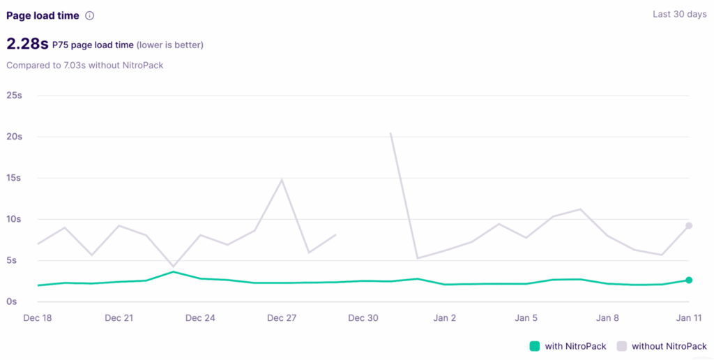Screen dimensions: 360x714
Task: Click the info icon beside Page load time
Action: [x=89, y=15]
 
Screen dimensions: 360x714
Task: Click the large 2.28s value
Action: [x=27, y=45]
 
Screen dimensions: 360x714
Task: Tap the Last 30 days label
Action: [x=680, y=15]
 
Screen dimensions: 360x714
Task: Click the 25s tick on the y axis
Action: [x=14, y=95]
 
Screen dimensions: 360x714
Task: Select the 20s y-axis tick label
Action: [x=14, y=136]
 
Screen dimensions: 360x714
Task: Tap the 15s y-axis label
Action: [x=14, y=178]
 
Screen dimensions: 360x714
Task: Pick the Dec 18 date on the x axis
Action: [x=38, y=318]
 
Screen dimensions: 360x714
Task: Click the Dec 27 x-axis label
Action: [x=282, y=318]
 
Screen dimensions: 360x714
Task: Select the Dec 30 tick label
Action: [x=363, y=318]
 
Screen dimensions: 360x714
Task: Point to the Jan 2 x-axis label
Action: [x=444, y=318]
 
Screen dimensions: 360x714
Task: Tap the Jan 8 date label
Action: [x=607, y=318]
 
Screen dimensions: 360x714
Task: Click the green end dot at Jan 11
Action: [x=689, y=280]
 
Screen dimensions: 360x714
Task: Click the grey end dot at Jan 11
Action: [x=689, y=225]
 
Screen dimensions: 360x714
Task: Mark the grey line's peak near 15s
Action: [x=282, y=180]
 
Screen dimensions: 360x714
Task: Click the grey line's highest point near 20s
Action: [x=390, y=133]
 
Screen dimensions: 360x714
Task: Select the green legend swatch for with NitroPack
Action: [x=535, y=346]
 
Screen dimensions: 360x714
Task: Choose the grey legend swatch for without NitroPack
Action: [x=621, y=346]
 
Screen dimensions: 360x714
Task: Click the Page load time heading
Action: [x=43, y=15]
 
